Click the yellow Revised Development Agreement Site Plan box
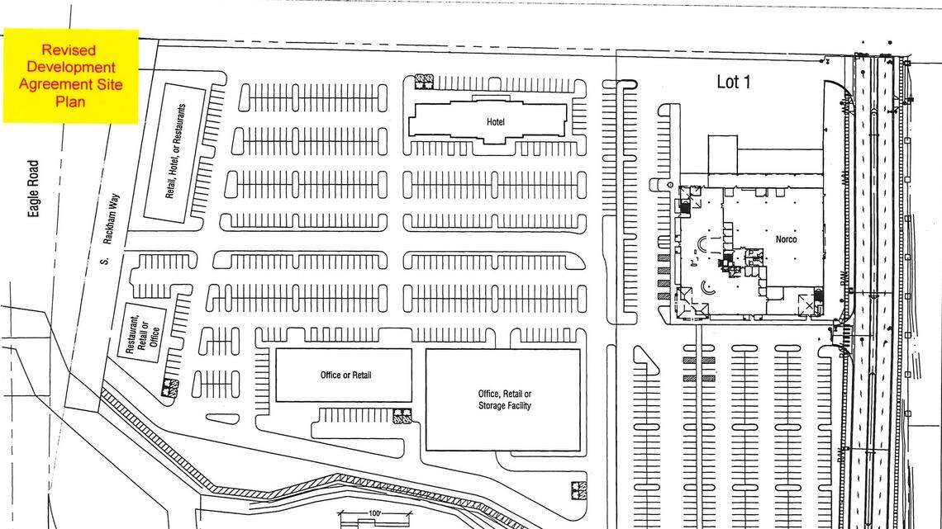click(70, 76)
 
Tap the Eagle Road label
click(34, 189)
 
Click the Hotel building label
click(496, 122)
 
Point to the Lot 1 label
click(733, 82)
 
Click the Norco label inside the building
click(787, 239)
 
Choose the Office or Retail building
click(344, 375)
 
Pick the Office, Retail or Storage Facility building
click(503, 400)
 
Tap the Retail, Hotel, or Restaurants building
click(175, 150)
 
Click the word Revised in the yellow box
click(70, 50)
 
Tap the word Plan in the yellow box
click(70, 102)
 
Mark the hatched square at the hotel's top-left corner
click(423, 82)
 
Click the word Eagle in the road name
click(34, 203)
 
